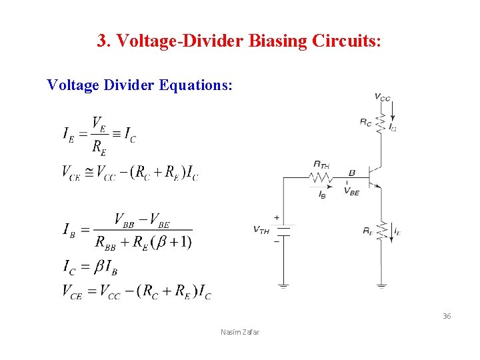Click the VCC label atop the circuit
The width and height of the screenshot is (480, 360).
[x=383, y=97]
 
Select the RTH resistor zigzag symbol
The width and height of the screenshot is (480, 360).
[x=320, y=178]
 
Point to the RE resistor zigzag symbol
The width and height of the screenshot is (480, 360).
[x=381, y=231]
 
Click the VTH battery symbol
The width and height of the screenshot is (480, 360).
[x=284, y=230]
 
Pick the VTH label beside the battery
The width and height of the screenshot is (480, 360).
[x=261, y=230]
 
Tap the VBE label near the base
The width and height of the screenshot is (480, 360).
[x=352, y=191]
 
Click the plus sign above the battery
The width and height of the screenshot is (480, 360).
[x=276, y=217]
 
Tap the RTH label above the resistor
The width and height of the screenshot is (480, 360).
[x=321, y=164]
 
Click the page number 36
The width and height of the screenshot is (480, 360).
[x=447, y=316]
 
